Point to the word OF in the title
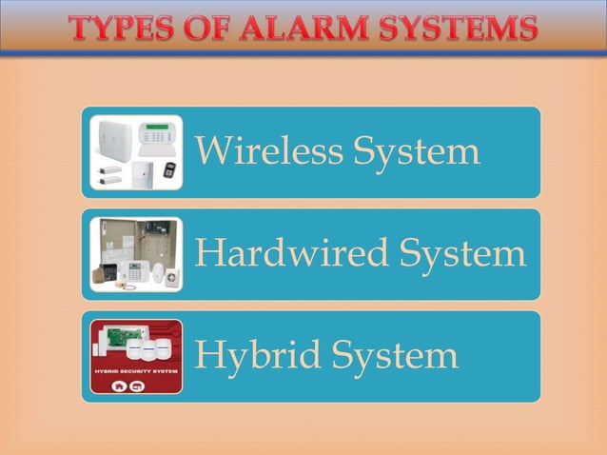click(x=210, y=30)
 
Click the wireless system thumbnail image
click(x=136, y=152)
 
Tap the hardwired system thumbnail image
click(x=136, y=254)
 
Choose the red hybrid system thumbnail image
click(x=136, y=357)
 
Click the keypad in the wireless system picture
click(x=158, y=134)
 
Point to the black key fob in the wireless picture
click(x=168, y=169)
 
